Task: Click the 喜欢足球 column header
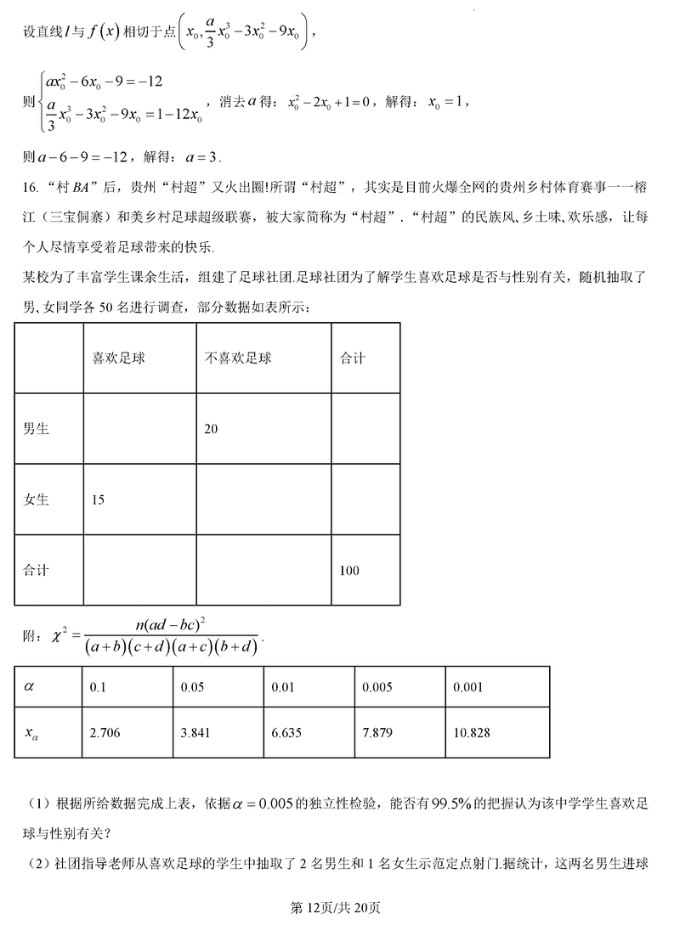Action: [x=119, y=358]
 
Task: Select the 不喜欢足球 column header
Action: [x=238, y=358]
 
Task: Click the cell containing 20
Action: [x=211, y=429]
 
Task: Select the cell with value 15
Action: [x=98, y=499]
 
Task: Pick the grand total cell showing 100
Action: [x=349, y=571]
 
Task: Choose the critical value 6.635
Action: [x=286, y=733]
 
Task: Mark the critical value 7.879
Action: [x=377, y=733]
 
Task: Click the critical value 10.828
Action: [x=472, y=733]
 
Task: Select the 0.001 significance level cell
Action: [x=468, y=686]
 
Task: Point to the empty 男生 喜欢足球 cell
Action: [x=139, y=429]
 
